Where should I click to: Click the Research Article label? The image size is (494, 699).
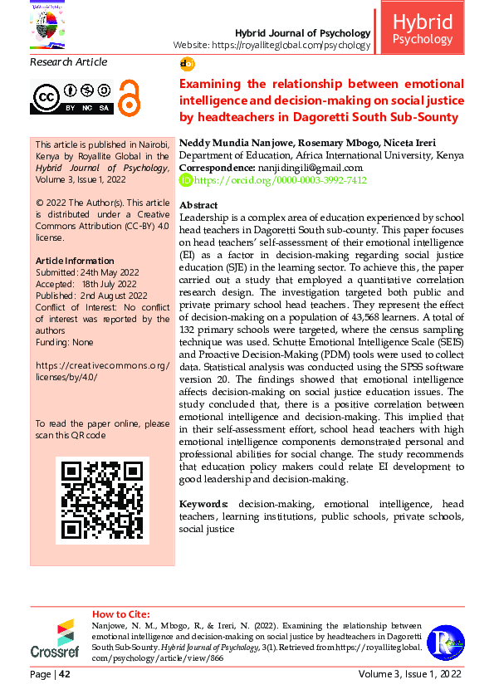tap(68, 62)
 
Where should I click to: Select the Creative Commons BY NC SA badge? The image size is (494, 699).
tap(71, 97)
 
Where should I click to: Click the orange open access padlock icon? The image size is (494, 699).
tap(129, 97)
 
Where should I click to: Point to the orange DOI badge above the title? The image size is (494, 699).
tap(187, 64)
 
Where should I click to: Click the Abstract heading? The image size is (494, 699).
tap(198, 205)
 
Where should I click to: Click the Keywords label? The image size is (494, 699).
tap(204, 504)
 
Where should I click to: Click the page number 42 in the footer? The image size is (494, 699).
tap(64, 674)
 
